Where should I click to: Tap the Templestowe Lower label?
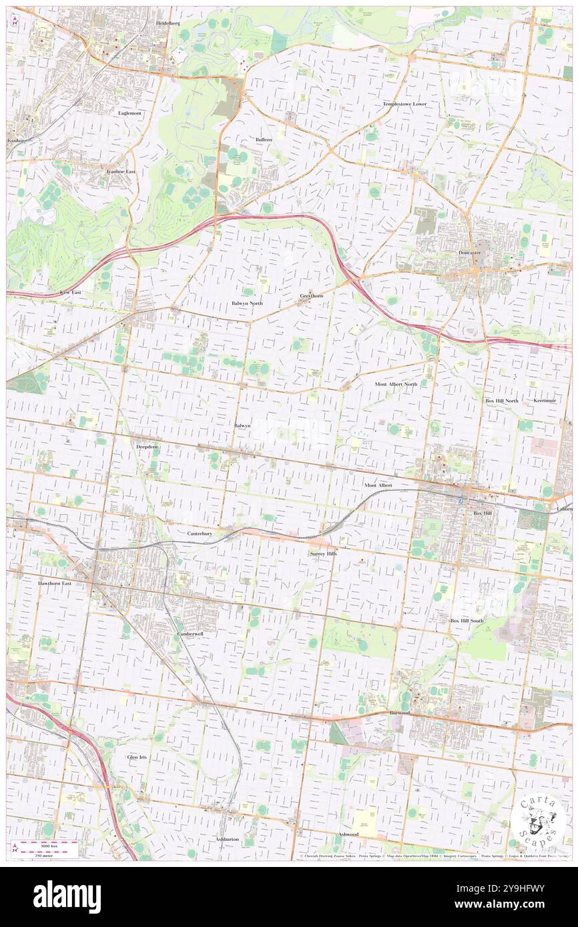(x=404, y=105)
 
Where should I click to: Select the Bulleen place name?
(x=264, y=139)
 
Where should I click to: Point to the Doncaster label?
(x=470, y=253)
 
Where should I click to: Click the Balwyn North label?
(x=247, y=303)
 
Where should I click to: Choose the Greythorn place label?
(x=312, y=295)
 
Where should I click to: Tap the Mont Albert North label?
(x=396, y=384)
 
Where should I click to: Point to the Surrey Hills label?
(x=324, y=554)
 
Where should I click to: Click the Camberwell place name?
(x=190, y=634)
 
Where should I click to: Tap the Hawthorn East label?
(x=55, y=582)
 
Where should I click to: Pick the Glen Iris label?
(x=137, y=758)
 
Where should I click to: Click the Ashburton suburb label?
(x=227, y=838)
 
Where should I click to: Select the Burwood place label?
(x=400, y=712)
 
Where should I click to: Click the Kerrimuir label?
(x=545, y=400)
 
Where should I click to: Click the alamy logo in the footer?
(x=67, y=896)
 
